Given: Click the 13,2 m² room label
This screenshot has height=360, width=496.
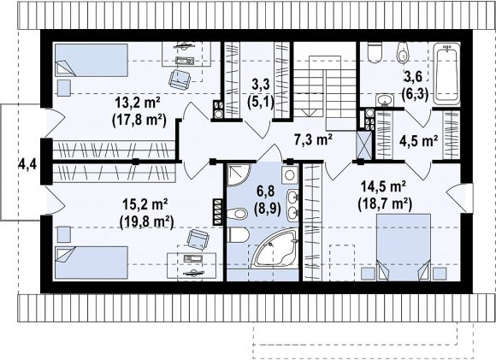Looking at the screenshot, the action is tap(138, 103).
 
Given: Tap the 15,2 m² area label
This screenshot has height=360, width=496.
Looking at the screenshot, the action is tap(145, 204).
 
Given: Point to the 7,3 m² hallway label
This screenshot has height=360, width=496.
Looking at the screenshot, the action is tap(313, 139).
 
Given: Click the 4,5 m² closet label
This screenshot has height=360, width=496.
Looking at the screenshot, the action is tap(418, 141).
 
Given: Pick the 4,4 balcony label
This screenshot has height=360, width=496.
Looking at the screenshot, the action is tap(27, 164).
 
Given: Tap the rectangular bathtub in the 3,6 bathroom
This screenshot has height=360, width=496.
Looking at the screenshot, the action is tap(446, 74).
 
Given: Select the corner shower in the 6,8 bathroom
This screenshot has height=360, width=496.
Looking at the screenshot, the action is tap(239, 174).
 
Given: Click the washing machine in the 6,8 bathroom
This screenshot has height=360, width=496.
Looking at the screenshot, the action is tap(290, 174).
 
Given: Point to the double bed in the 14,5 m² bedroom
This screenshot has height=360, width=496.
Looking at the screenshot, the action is tap(404, 247).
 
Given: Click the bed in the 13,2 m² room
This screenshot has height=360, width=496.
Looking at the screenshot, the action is tap(92, 60).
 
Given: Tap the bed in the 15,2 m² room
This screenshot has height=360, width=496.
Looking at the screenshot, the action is tap(92, 263).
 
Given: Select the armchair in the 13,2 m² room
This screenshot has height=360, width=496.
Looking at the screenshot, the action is tap(179, 79).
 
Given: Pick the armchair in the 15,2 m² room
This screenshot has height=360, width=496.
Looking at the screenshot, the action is tap(198, 239).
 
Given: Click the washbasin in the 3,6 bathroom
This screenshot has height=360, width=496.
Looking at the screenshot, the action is tap(385, 100).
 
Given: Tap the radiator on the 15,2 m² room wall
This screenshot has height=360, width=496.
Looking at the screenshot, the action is tap(218, 211).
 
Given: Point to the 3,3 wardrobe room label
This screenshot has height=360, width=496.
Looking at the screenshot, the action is tap(262, 94).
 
